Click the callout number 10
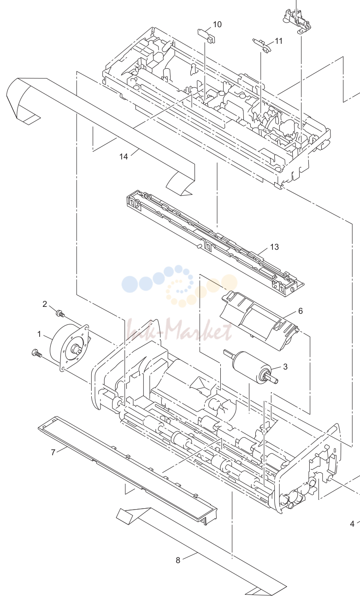pos(217,24)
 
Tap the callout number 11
pos(279,41)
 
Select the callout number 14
pos(124,157)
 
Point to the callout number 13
pos(274,247)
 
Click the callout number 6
pos(301,311)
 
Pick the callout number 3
pos(285,366)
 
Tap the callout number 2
pos(45,304)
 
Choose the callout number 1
pos(39,335)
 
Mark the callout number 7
pos(53,452)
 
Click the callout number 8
pos(178,560)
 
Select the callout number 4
pos(352,524)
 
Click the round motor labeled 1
pos(70,347)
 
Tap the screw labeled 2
pos(60,314)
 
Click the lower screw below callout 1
pos(36,353)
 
